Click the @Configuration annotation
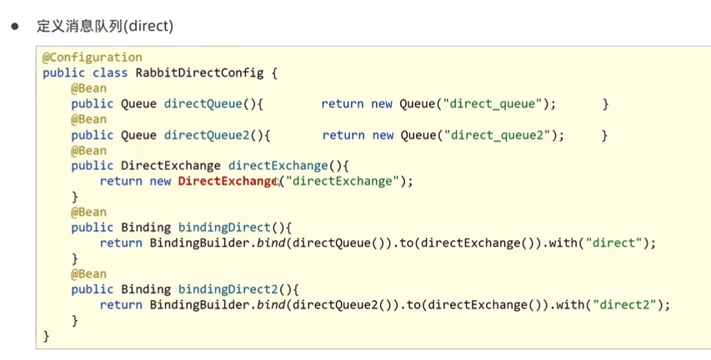coord(92,57)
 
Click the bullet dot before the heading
coord(14,26)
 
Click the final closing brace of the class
coord(46,336)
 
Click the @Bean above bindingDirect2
coord(88,274)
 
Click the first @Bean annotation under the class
coord(88,88)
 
